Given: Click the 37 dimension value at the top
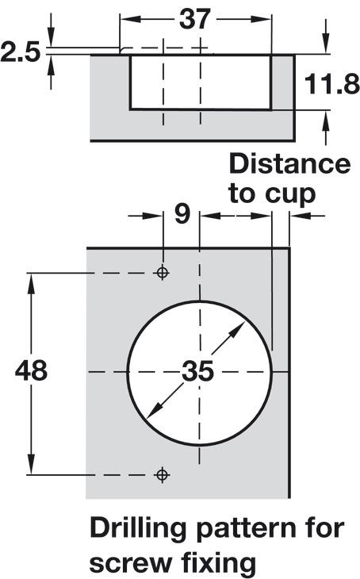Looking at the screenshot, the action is pyautogui.click(x=194, y=19).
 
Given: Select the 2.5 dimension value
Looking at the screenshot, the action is pyautogui.click(x=20, y=52).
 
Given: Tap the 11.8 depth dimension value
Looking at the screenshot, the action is pyautogui.click(x=332, y=84).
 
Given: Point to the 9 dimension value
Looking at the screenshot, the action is pyautogui.click(x=182, y=213).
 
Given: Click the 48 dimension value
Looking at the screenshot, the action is pyautogui.click(x=31, y=370).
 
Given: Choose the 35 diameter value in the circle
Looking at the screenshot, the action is pyautogui.click(x=198, y=370).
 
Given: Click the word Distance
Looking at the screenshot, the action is pyautogui.click(x=290, y=164).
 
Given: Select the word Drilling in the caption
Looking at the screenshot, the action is pyautogui.click(x=138, y=530).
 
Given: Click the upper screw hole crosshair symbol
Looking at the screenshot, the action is pyautogui.click(x=163, y=273).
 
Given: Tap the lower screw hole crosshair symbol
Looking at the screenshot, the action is pyautogui.click(x=163, y=474).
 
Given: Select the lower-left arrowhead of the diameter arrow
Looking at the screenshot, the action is pyautogui.click(x=155, y=411).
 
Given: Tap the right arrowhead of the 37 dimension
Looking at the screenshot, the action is pyautogui.click(x=261, y=19).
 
